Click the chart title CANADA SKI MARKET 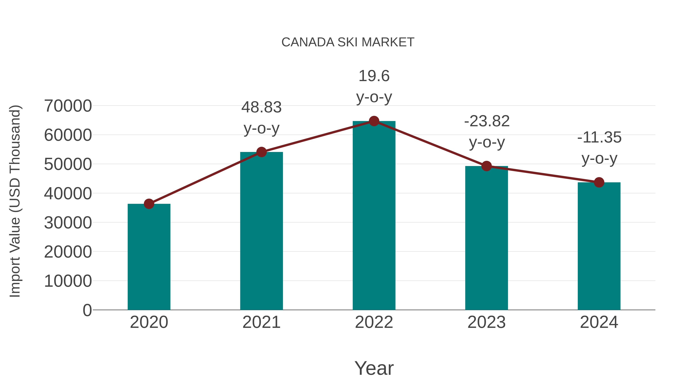348,42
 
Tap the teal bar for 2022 374,216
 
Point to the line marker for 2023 487,166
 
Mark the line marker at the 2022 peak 374,121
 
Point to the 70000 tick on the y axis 68,106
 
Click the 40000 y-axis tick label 68,193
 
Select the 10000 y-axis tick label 68,281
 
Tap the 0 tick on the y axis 87,310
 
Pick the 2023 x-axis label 487,322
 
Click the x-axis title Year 374,368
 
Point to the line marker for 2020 149,204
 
